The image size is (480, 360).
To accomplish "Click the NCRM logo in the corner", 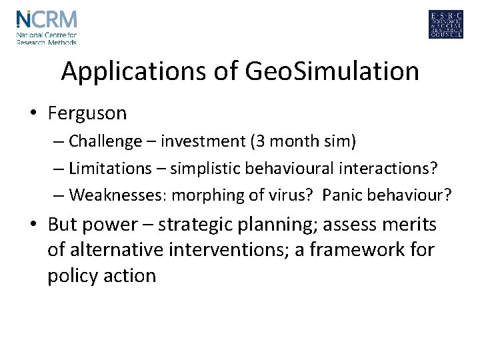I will click(47, 26).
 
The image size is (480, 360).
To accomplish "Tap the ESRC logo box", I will click(446, 25).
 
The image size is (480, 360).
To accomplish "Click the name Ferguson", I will click(87, 113).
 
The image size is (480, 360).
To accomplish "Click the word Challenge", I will click(105, 141).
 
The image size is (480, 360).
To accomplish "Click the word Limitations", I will click(110, 169).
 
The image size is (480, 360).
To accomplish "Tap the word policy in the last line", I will click(72, 275).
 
